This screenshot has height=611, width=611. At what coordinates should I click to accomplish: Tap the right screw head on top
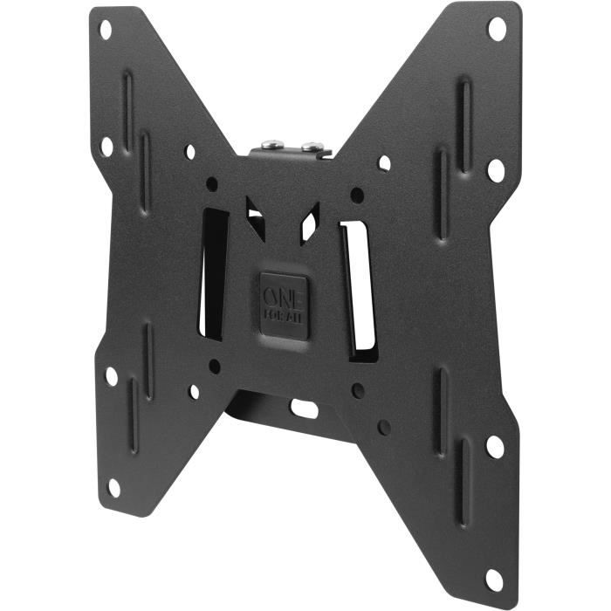pos(310,144)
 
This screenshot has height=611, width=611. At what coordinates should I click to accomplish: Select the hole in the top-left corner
pos(106,30)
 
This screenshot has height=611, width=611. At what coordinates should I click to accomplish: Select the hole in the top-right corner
pos(496,29)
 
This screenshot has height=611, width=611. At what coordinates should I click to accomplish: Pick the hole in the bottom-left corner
pos(113,486)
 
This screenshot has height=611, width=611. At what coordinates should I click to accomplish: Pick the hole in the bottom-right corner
pos(494,579)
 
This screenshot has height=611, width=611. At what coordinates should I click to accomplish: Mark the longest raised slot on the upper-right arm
pos(464,121)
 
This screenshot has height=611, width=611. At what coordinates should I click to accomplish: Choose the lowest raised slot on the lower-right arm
pos(463,494)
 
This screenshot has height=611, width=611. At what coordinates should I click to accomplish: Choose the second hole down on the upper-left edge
pos(106,147)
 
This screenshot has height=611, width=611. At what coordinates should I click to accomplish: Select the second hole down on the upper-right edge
pos(495,169)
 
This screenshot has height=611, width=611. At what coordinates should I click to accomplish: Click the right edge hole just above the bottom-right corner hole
pos(494,447)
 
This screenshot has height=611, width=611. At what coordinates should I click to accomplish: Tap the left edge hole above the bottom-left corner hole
pos(112,376)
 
